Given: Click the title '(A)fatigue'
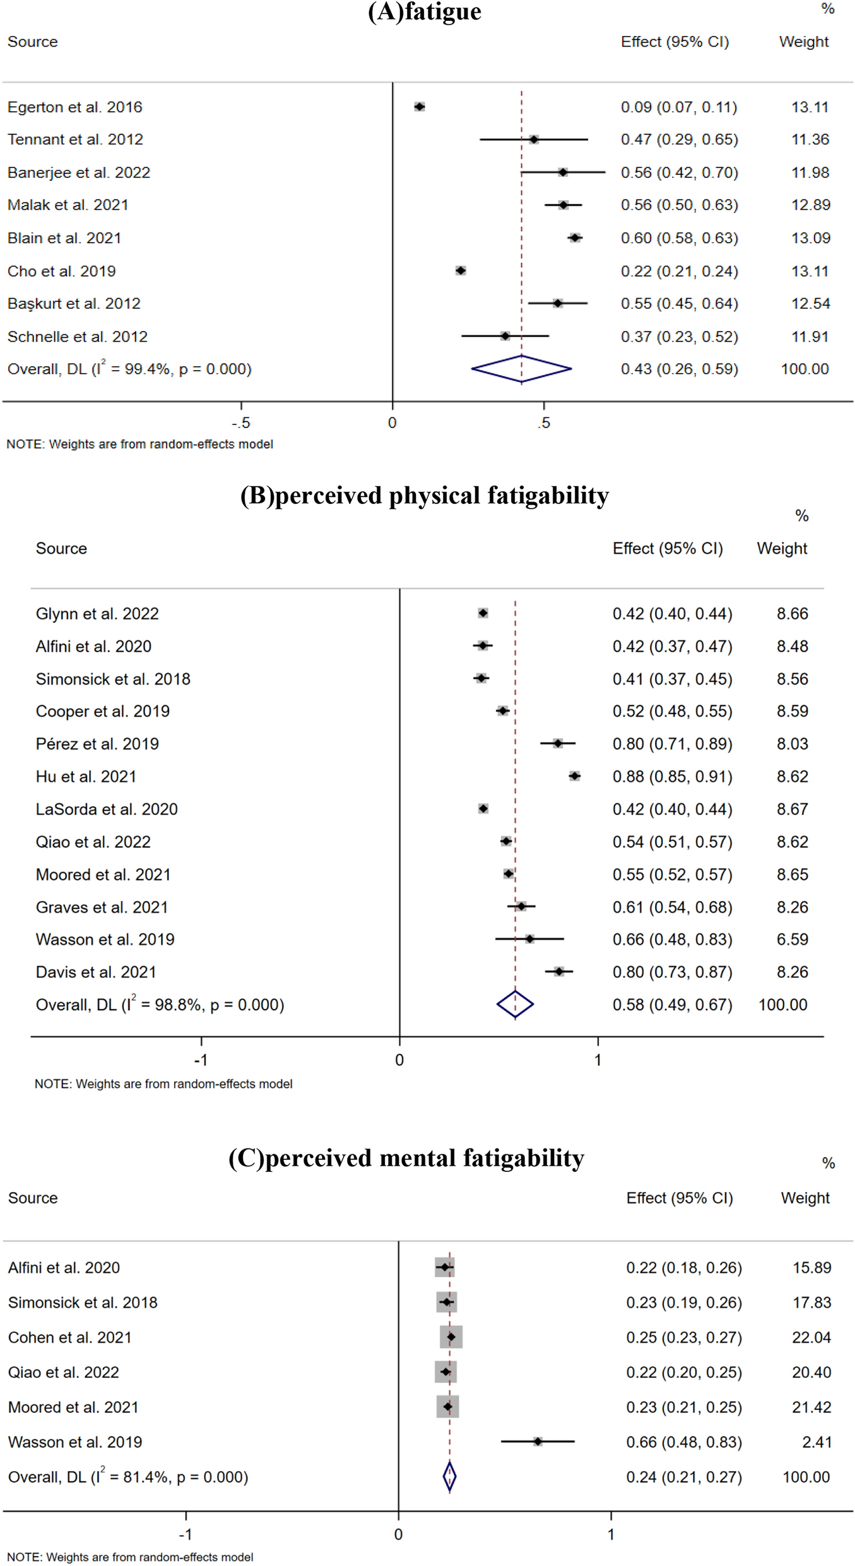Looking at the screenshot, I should click(x=424, y=11).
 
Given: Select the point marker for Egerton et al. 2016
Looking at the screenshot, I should click(x=420, y=107).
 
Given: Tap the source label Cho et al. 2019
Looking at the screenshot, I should click(x=62, y=272).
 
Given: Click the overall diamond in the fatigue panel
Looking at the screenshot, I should click(x=521, y=369).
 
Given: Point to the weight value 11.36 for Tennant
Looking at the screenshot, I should click(x=810, y=140).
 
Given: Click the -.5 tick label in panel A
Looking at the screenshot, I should click(x=240, y=423).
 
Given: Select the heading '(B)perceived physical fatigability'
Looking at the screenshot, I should click(x=424, y=496).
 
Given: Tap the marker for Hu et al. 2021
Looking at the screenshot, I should click(x=574, y=776).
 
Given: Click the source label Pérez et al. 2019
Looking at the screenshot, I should click(x=97, y=744).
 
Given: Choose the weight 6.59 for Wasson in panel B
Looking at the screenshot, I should click(x=792, y=940).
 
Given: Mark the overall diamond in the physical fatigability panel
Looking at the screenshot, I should click(x=515, y=1005).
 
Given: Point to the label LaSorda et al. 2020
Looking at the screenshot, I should click(x=107, y=810).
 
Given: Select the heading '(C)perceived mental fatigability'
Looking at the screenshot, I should click(x=406, y=1158).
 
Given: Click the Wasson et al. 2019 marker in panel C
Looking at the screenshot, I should click(x=538, y=1442).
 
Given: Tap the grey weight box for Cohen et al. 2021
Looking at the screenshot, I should click(x=451, y=1337).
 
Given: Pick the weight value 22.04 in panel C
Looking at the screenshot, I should click(x=811, y=1337).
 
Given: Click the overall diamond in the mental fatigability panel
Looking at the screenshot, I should click(x=449, y=1477).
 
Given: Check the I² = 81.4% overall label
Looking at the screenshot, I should click(x=128, y=1478).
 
